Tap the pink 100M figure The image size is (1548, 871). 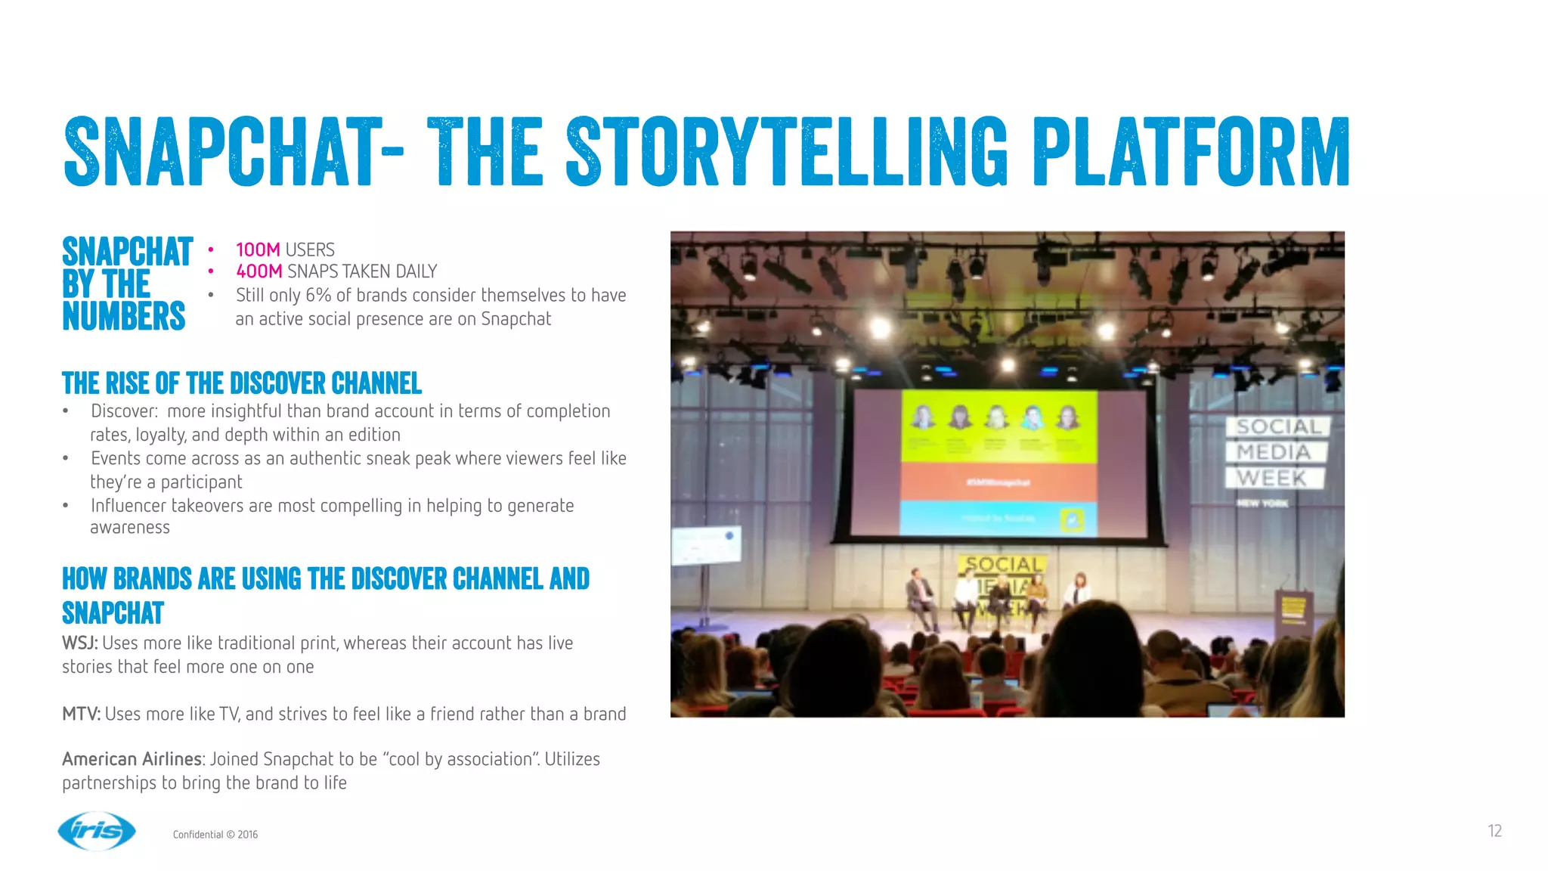click(x=258, y=250)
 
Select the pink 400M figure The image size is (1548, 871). click(x=259, y=271)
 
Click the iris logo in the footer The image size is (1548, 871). click(x=97, y=831)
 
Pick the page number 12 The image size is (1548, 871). click(x=1494, y=831)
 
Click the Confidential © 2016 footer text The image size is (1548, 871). click(x=215, y=835)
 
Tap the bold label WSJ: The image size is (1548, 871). click(x=79, y=643)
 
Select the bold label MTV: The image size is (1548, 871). click(x=81, y=714)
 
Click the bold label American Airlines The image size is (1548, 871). click(x=132, y=759)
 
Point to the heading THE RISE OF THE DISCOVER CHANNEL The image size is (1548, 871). click(x=242, y=384)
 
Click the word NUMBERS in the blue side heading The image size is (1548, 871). click(x=124, y=316)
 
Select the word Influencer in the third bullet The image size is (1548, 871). click(x=128, y=506)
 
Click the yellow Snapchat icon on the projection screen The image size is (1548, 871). click(x=1072, y=520)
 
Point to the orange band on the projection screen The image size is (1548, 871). click(x=998, y=482)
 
